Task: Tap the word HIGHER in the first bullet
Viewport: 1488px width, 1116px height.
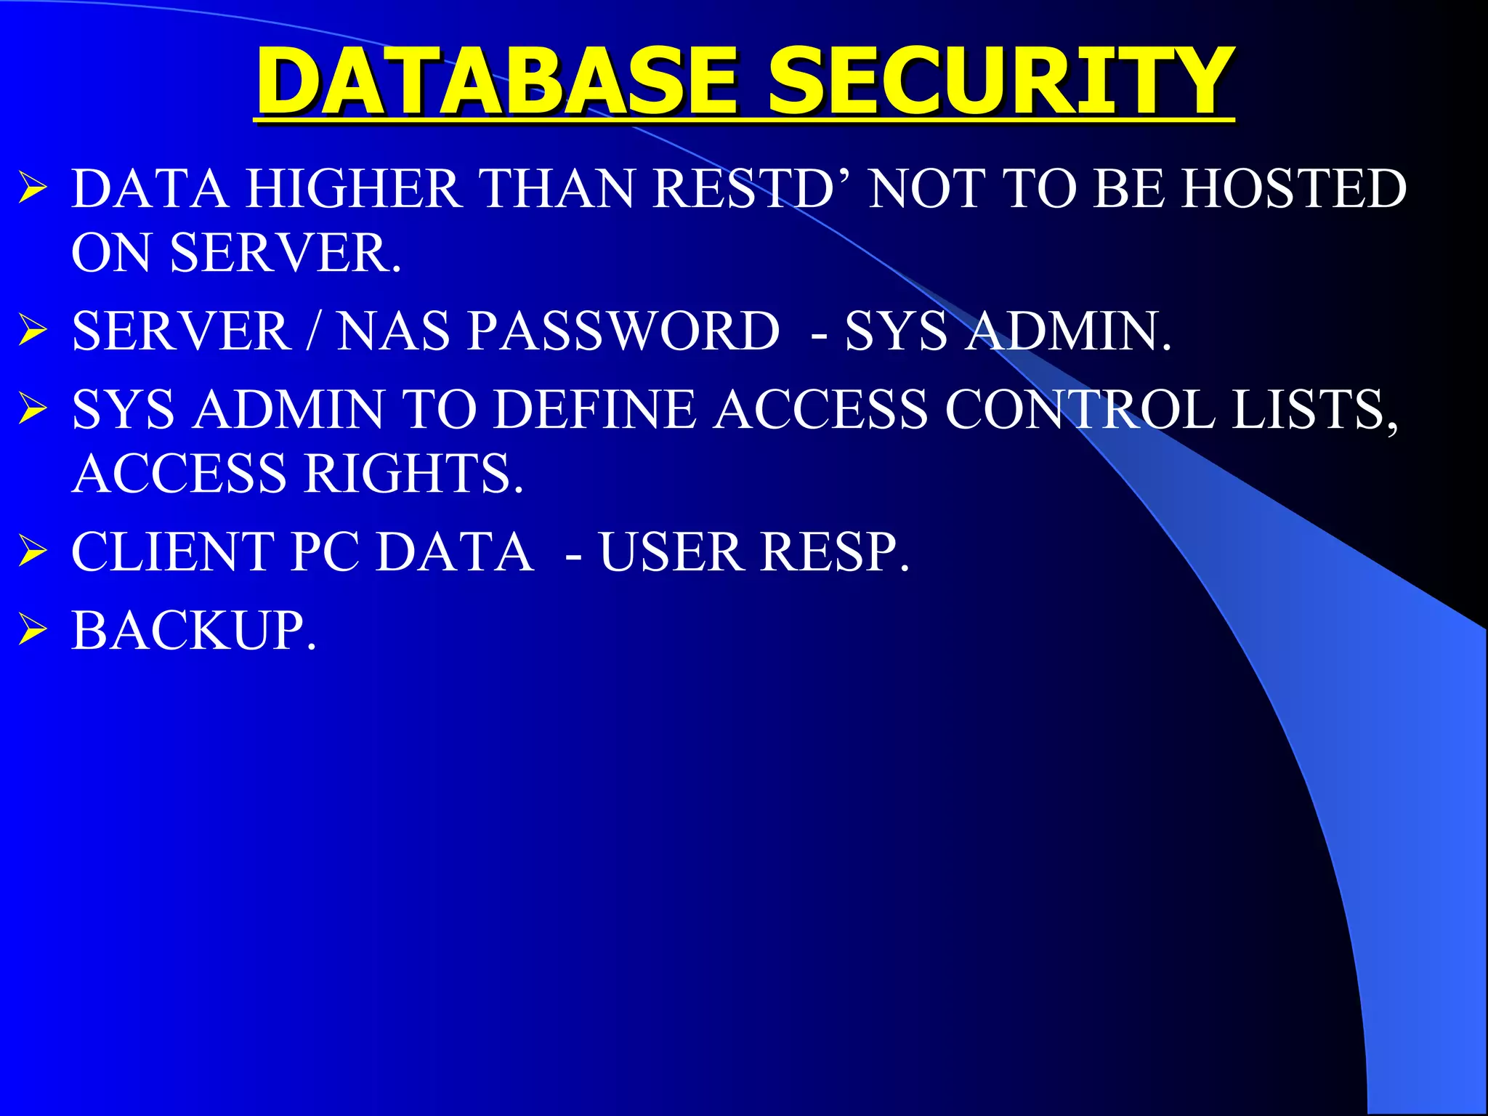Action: (353, 189)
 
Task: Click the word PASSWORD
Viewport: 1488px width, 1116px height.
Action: (623, 331)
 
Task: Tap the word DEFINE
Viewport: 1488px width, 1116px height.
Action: (594, 410)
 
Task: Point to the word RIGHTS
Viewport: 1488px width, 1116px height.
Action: (413, 474)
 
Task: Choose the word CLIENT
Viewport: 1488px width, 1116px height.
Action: (174, 552)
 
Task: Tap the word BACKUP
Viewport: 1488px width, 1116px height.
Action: (192, 631)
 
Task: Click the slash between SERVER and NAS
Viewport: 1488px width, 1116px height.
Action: (313, 331)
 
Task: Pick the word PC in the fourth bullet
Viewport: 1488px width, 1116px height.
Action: (325, 552)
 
